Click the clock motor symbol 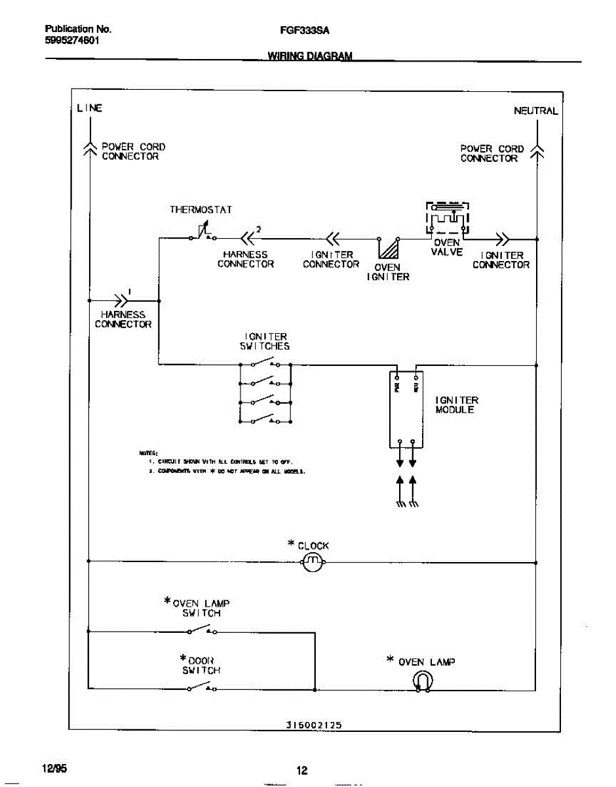coord(313,561)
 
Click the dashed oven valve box coord(448,217)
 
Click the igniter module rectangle coord(406,409)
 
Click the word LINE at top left coord(89,108)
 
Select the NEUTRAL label coord(535,111)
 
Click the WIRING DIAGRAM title coord(310,56)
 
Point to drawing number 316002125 coord(314,725)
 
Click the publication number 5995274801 coord(72,39)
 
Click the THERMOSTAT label coord(201,210)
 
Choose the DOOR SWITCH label coord(201,665)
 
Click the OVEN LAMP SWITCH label coord(199,608)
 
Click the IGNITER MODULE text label coord(457,405)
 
